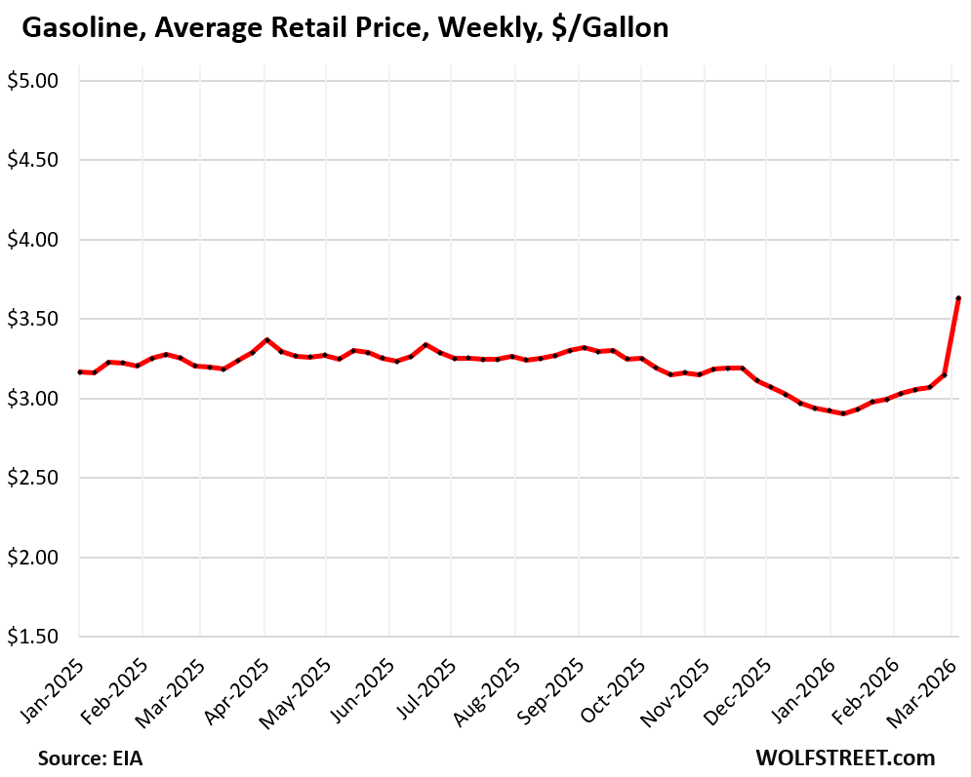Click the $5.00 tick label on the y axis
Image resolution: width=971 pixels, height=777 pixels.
[x=34, y=81]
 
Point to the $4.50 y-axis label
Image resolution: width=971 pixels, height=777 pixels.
[x=34, y=160]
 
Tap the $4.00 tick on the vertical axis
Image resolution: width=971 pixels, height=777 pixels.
[x=34, y=240]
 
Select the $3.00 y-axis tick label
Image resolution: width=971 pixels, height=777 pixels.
[x=34, y=399]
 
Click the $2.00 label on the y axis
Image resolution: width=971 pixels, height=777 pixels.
[x=34, y=558]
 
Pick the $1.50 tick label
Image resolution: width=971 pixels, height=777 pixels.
[x=34, y=638]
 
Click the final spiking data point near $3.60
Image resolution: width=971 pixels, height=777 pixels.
[x=958, y=298]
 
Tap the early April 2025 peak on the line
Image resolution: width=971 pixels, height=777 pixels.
[x=266, y=340]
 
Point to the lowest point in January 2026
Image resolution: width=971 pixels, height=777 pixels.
[x=843, y=413]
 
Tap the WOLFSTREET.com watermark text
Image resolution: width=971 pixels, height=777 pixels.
[x=844, y=758]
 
